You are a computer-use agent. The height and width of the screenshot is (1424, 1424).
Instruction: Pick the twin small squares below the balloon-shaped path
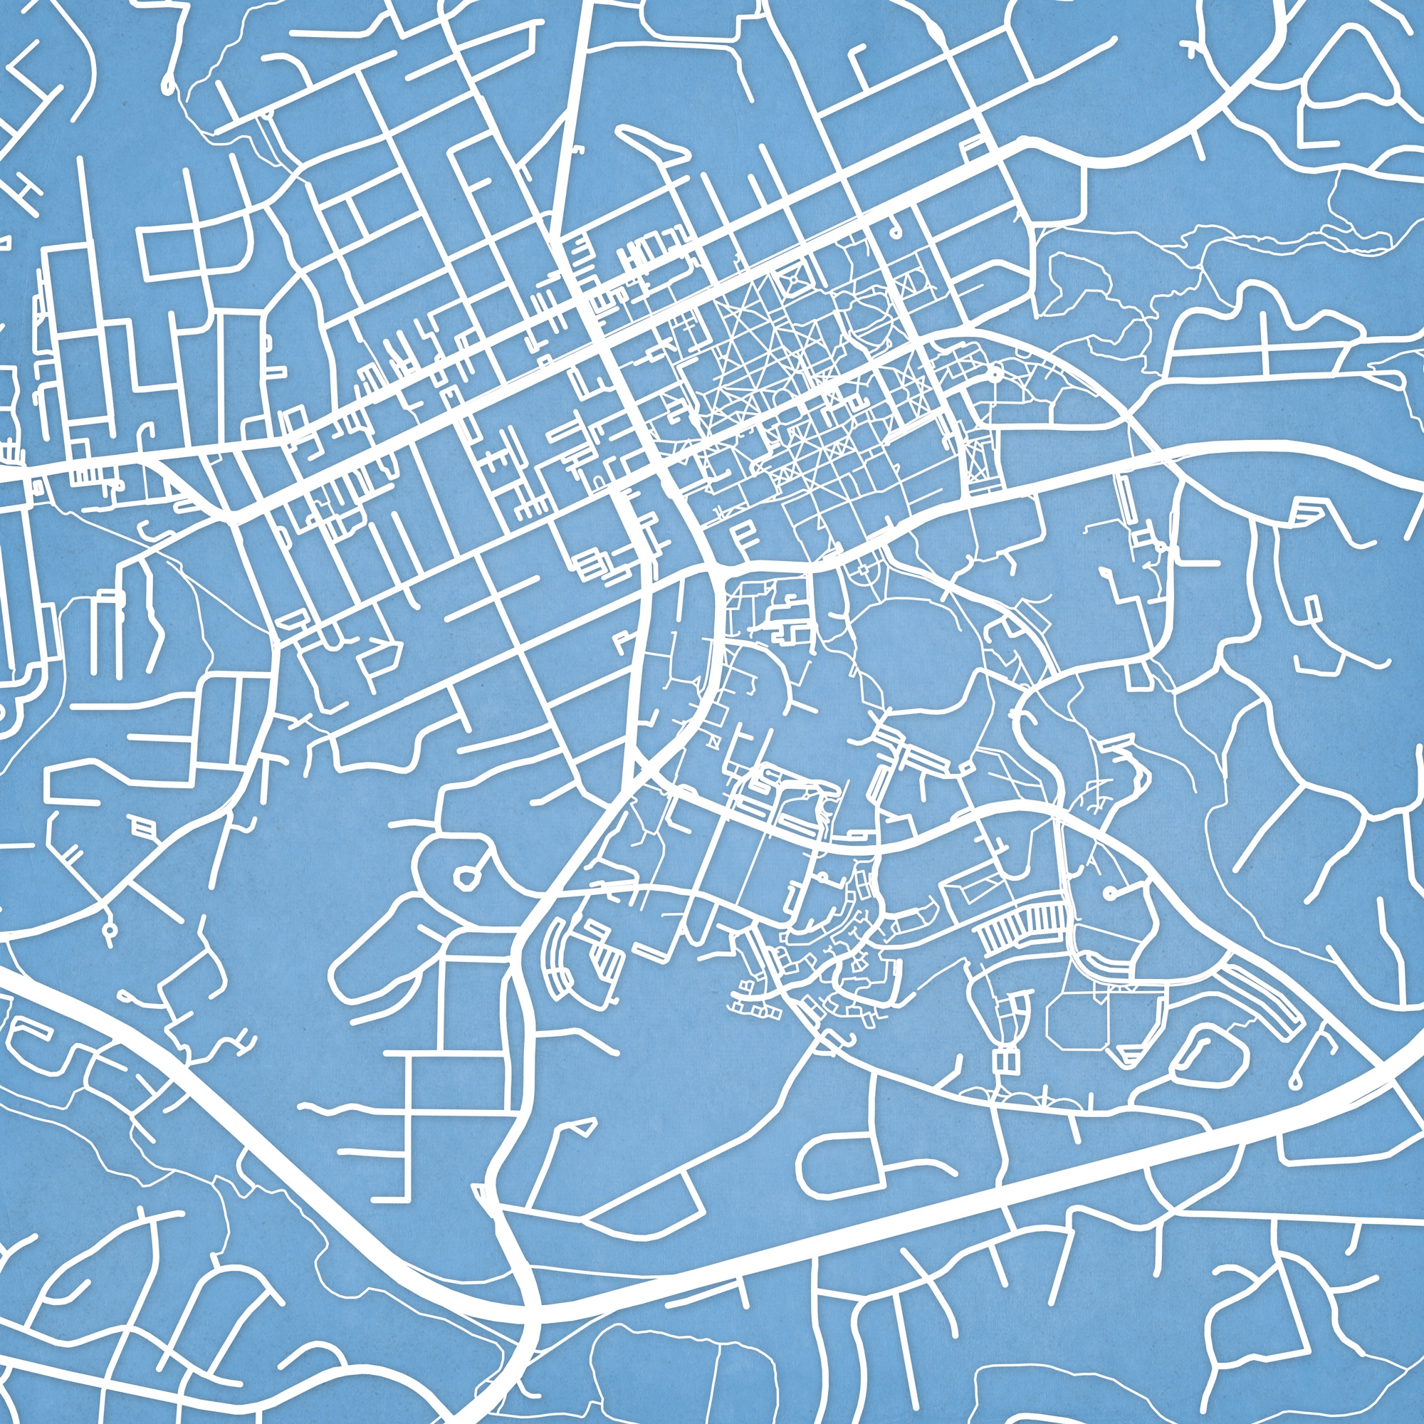click(x=1007, y=1062)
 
